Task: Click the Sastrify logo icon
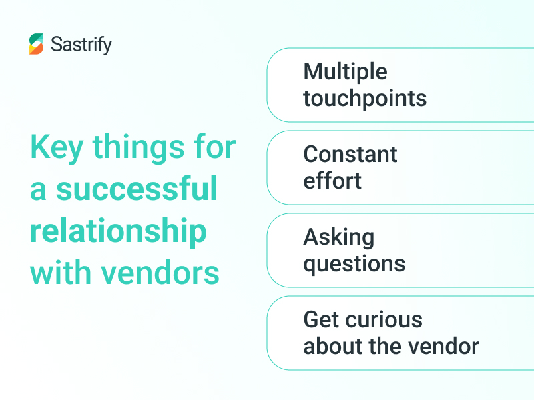pos(37,44)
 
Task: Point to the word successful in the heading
pos(137,189)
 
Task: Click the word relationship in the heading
pos(118,231)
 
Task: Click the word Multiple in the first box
pos(345,71)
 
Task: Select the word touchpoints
pos(364,99)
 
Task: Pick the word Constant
pos(350,154)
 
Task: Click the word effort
pos(332,181)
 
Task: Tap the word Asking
pos(338,237)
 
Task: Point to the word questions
pos(354,263)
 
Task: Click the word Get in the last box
pos(318,319)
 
